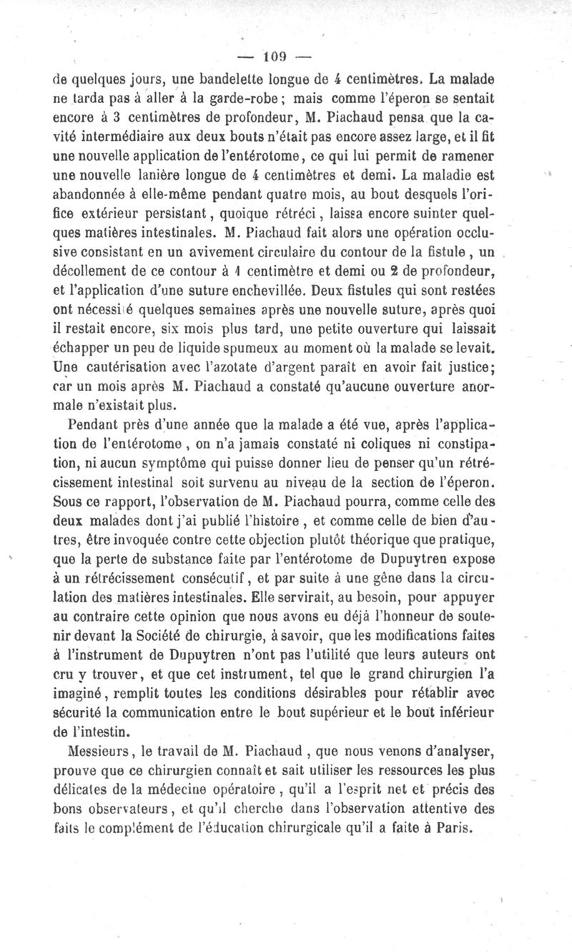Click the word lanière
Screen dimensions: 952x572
209,173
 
